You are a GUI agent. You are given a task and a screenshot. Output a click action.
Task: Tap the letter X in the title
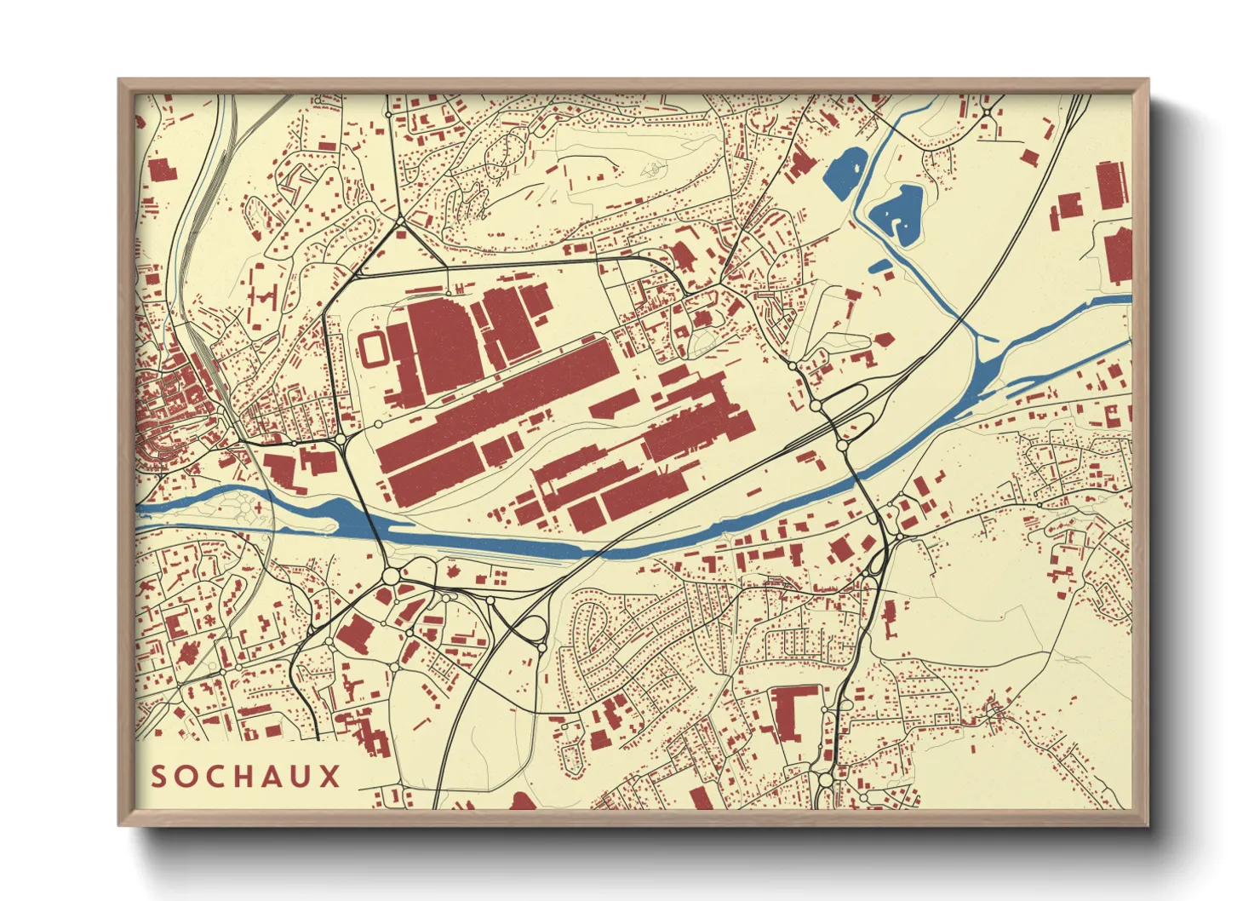[329, 777]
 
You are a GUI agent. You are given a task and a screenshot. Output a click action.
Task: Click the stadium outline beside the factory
[373, 349]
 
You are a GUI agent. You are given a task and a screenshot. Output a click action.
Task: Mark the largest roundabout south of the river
[391, 577]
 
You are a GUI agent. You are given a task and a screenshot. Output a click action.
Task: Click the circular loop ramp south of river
[532, 629]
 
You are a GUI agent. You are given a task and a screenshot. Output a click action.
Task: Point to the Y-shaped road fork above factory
[400, 223]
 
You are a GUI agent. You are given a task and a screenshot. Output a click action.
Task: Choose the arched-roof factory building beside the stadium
[441, 345]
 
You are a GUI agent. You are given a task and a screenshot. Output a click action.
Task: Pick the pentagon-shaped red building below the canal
[883, 338]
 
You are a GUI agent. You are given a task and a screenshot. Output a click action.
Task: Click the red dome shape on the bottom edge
[522, 801]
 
